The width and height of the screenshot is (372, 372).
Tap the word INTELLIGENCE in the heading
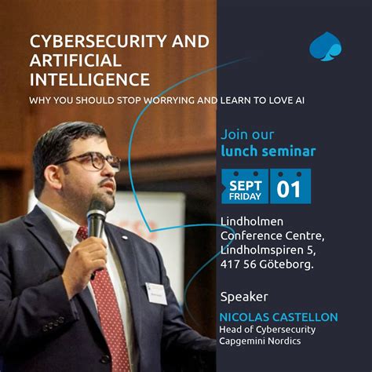click(89, 79)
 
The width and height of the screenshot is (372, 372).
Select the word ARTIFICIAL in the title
click(75, 61)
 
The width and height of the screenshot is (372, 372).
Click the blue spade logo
click(325, 46)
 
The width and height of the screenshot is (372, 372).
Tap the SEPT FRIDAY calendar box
click(245, 186)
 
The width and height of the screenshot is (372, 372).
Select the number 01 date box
click(290, 187)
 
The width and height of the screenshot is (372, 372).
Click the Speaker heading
click(244, 297)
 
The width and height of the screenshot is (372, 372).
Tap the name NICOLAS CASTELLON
click(279, 317)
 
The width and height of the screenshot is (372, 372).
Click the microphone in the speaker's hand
click(97, 219)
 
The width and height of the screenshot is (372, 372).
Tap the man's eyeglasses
click(90, 161)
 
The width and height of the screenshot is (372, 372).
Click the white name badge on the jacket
click(156, 292)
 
